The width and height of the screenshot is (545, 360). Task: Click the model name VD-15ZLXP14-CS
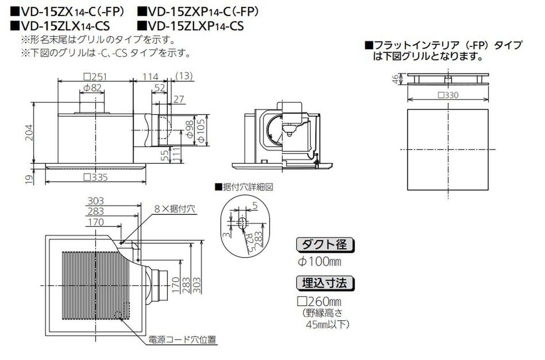pyautogui.click(x=191, y=26)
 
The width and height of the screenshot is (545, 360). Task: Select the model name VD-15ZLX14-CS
pyautogui.click(x=60, y=26)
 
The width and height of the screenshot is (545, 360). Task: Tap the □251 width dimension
pyautogui.click(x=95, y=77)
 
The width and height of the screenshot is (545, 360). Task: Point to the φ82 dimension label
pyautogui.click(x=92, y=87)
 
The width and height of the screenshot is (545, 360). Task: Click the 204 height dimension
pyautogui.click(x=29, y=132)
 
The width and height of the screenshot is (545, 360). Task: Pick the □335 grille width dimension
pyautogui.click(x=95, y=177)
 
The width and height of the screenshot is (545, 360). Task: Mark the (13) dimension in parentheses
pyautogui.click(x=184, y=76)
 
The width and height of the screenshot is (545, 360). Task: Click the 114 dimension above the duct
pyautogui.click(x=150, y=77)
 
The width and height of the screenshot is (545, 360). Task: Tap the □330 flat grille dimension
pyautogui.click(x=448, y=95)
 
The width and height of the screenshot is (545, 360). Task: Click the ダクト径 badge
pyautogui.click(x=325, y=245)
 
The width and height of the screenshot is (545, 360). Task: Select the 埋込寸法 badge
pyautogui.click(x=325, y=283)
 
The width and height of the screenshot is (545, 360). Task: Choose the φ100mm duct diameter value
pyautogui.click(x=319, y=261)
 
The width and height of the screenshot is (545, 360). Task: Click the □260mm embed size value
pyautogui.click(x=319, y=301)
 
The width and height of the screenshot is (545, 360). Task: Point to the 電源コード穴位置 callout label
pyautogui.click(x=182, y=340)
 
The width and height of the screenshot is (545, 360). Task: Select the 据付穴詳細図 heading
pyautogui.click(x=244, y=187)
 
